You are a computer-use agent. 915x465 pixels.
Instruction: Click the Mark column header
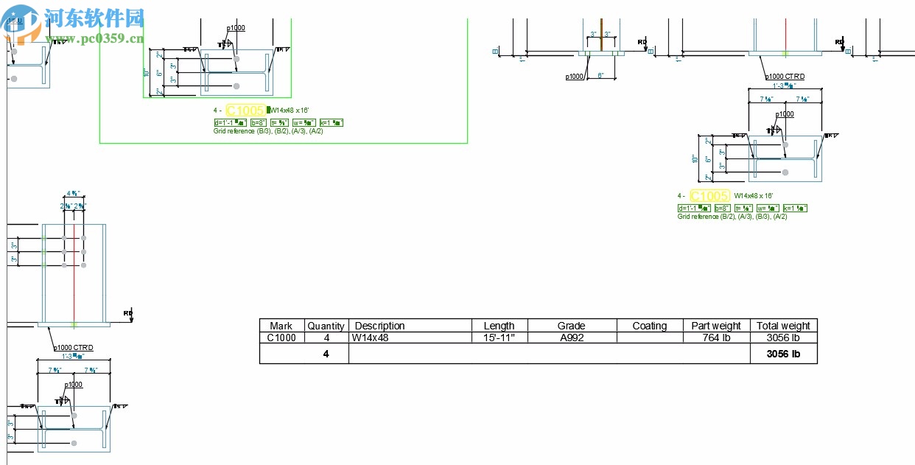(281, 326)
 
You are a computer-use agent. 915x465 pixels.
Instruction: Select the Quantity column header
(326, 326)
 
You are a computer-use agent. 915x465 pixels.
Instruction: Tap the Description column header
(380, 326)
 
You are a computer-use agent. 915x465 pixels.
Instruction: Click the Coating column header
(649, 326)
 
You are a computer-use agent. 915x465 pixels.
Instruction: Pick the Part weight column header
(715, 326)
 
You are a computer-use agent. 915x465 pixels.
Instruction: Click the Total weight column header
(783, 326)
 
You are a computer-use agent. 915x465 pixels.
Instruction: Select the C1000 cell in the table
(281, 338)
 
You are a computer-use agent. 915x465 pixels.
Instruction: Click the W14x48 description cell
(370, 338)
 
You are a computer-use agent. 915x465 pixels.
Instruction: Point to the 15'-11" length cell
(499, 338)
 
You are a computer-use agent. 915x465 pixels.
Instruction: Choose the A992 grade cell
(571, 338)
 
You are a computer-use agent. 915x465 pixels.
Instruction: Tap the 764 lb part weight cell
(715, 338)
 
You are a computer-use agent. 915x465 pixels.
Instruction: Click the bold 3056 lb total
(783, 354)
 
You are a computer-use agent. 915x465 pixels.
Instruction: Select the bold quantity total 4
(326, 354)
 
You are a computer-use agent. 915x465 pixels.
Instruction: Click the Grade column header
(571, 326)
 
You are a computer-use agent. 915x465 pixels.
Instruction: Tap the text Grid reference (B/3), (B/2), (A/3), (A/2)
(268, 131)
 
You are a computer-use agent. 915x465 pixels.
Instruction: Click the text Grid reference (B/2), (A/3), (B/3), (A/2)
(732, 217)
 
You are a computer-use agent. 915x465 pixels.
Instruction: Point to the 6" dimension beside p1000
(600, 76)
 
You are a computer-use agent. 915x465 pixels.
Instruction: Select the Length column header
(499, 326)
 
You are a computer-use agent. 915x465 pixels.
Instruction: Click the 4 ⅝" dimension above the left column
(74, 194)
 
